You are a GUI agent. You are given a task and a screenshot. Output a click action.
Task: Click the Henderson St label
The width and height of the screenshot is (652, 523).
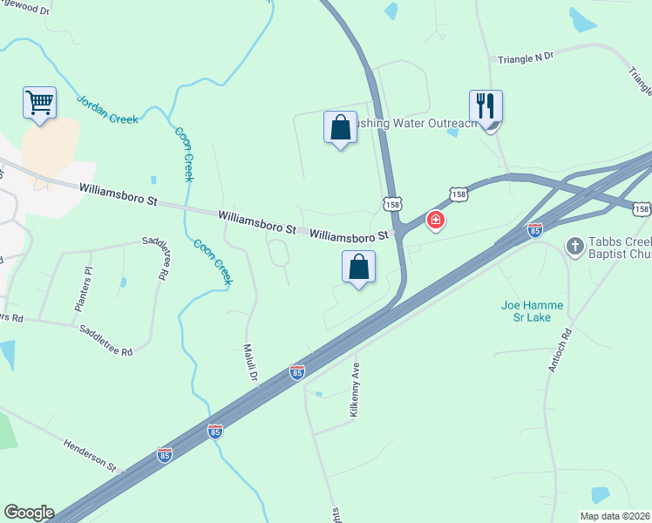tap(90, 455)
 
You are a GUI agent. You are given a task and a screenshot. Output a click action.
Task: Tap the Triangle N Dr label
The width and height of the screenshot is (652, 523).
tap(526, 58)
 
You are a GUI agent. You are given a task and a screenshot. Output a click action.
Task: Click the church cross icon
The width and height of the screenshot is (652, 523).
tap(574, 247)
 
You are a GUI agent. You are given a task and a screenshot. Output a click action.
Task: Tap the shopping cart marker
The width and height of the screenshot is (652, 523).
tap(39, 103)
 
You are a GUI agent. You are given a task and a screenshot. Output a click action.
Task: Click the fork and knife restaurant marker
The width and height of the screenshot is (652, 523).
tap(486, 106)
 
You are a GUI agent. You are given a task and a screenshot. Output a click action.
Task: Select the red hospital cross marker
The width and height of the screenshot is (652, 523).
tap(435, 221)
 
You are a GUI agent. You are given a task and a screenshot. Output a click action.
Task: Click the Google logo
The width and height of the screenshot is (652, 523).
tap(29, 513)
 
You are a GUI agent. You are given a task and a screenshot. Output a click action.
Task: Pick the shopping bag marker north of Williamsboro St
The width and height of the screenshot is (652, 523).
tap(340, 127)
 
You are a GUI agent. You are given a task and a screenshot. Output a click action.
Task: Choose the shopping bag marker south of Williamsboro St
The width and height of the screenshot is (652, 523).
tap(358, 268)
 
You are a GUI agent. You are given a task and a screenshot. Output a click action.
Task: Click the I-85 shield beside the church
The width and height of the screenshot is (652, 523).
tap(535, 230)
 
